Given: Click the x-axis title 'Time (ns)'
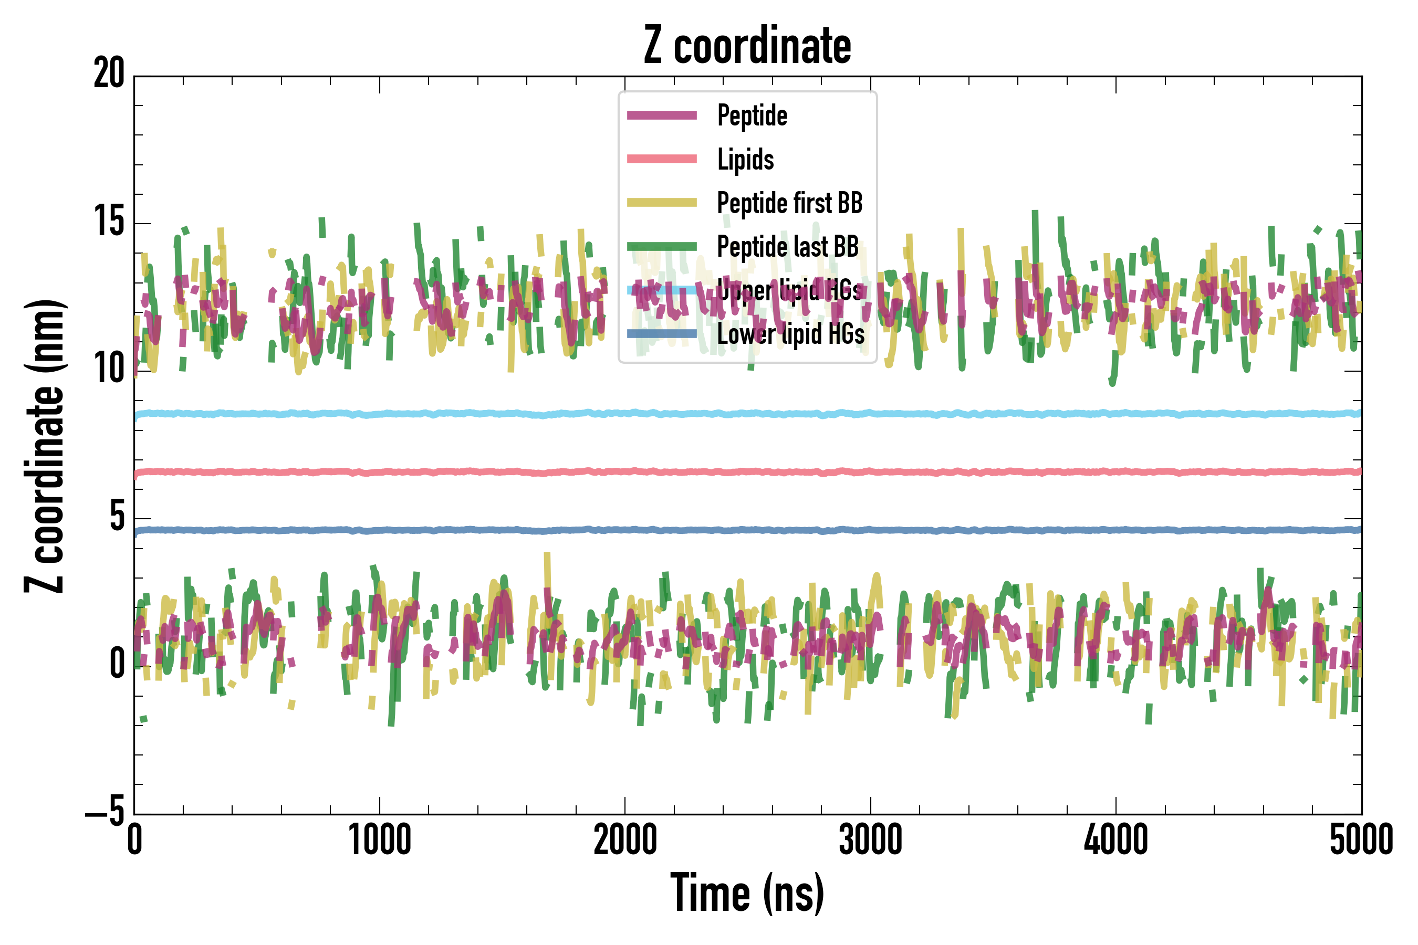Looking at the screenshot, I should coord(747,893).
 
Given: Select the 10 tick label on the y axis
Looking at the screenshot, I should coord(109,369).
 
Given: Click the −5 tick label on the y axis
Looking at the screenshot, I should coord(105,812).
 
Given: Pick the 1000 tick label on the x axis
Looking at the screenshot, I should coord(380,839).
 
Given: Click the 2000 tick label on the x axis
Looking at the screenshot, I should coord(625,839).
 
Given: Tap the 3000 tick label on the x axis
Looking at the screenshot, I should coord(871,839).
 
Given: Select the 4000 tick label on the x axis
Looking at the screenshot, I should coord(1116,839).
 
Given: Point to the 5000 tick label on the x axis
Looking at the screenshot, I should coord(1361,839).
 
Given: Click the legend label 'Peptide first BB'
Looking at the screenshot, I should coord(789,203).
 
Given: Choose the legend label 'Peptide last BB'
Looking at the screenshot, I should coord(787,247).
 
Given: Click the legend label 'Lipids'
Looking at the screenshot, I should coord(745,160).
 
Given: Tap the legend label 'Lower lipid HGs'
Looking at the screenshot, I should coord(790,334).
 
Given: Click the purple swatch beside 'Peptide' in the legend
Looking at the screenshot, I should coord(661,115).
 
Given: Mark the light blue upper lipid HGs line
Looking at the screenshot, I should coord(422,414).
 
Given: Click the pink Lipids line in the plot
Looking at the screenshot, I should coord(422,472).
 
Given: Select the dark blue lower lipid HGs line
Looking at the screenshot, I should coord(422,530).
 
